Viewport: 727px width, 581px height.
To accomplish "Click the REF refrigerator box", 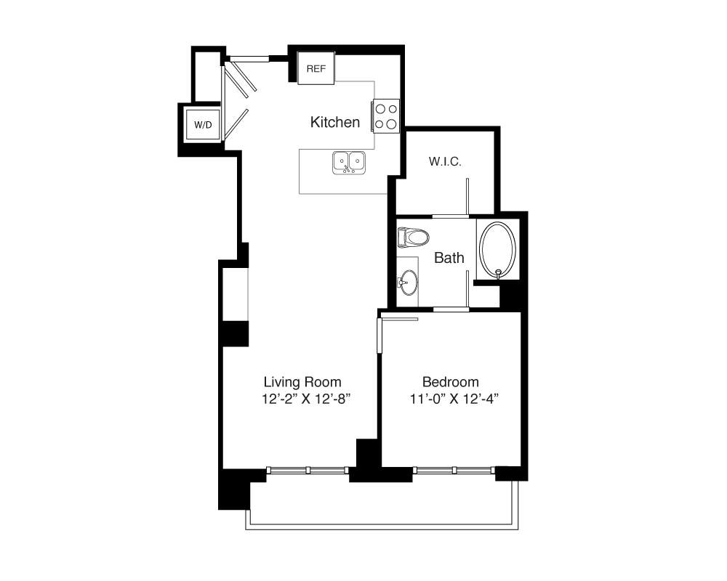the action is click(x=316, y=68).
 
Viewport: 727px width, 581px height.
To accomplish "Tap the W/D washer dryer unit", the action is click(x=203, y=125).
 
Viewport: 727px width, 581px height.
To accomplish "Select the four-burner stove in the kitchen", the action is click(x=385, y=116).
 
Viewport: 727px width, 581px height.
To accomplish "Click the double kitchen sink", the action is click(x=349, y=163).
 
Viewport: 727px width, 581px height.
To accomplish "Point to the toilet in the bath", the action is click(x=413, y=237).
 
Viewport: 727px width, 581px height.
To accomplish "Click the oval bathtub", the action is click(x=497, y=251).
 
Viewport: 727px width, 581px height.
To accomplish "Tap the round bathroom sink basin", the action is click(x=409, y=283).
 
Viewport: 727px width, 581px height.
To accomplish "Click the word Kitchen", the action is click(x=334, y=122).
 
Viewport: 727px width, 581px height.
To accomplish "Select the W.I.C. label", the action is click(x=445, y=162).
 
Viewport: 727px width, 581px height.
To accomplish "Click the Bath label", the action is click(x=449, y=258).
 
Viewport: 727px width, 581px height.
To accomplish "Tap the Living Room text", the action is click(x=302, y=382).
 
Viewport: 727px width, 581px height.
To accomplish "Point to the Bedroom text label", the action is click(x=450, y=382).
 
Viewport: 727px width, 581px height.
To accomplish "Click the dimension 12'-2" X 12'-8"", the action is click(x=305, y=399).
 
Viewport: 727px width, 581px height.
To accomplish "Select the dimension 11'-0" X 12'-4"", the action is click(x=454, y=399).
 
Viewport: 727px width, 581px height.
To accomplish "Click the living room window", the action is click(x=308, y=471).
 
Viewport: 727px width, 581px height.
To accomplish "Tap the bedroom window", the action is click(x=454, y=471).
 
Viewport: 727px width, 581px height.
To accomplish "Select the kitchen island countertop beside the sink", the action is click(x=344, y=171).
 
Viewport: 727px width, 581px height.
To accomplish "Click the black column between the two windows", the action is click(x=369, y=460).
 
